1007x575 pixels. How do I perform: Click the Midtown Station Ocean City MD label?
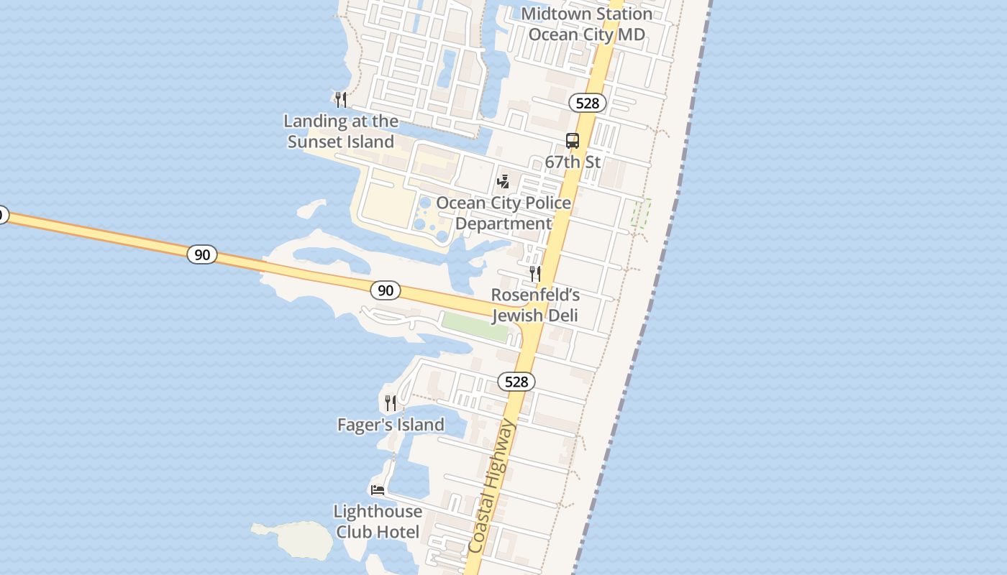tap(586, 24)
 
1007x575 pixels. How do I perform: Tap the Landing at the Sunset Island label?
tap(341, 132)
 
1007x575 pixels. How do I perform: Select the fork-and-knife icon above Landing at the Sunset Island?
tap(341, 99)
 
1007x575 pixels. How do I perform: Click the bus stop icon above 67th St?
tap(573, 141)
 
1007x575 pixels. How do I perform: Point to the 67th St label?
tap(573, 162)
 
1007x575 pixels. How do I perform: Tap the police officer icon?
tap(503, 181)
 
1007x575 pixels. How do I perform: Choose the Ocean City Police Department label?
tap(503, 213)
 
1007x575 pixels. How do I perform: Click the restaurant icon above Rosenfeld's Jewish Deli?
tap(534, 273)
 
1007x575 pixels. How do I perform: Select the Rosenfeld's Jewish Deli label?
tap(535, 305)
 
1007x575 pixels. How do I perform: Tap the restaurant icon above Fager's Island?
tap(391, 402)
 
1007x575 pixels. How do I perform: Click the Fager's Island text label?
tap(391, 425)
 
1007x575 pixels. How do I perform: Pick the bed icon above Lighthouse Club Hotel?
tap(378, 490)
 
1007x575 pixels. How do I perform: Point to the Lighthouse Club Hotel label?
tap(378, 522)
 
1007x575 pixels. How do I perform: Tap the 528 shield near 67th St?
tap(588, 103)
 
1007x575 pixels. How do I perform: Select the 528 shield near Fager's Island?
tap(516, 382)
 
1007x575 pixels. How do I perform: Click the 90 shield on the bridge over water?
tap(202, 254)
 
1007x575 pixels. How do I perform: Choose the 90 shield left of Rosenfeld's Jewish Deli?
tap(386, 290)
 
